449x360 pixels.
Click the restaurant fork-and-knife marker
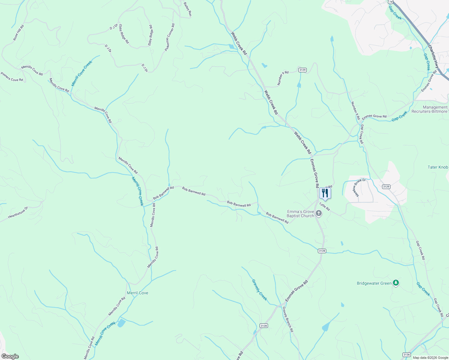tap(325, 193)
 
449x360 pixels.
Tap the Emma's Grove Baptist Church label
tap(300, 214)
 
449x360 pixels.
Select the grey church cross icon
tap(319, 214)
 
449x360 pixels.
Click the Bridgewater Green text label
tap(374, 283)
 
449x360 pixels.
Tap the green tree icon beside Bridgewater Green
tap(396, 283)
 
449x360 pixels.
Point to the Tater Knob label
tap(438, 167)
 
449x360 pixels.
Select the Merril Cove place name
tap(137, 293)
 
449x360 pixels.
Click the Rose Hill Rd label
tap(19, 33)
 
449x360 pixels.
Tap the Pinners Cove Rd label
tap(12, 76)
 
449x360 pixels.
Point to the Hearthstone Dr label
tap(18, 212)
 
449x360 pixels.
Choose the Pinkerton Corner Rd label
tap(170, 37)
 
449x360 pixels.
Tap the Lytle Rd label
tap(324, 206)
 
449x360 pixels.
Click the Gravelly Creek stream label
tap(259, 289)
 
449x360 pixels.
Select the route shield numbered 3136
tap(406, 355)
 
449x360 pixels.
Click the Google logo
tap(10, 356)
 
